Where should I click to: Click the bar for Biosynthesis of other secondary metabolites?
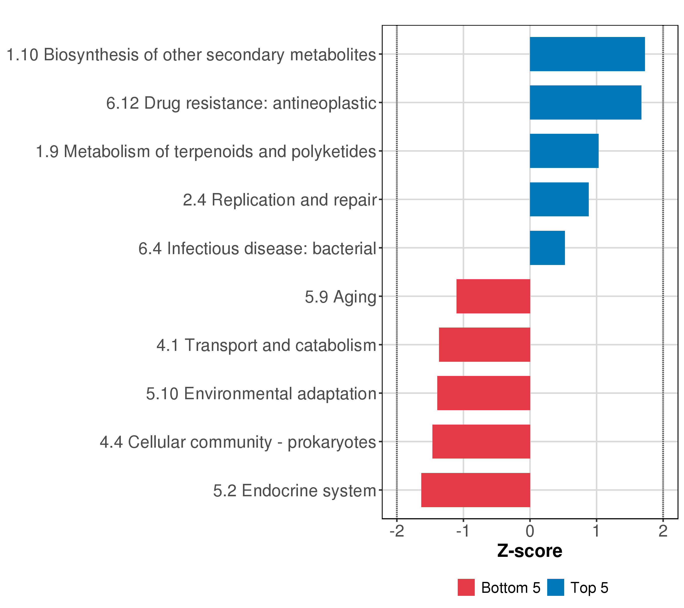point(587,54)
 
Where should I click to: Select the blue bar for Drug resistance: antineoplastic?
point(586,102)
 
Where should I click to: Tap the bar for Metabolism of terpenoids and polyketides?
point(564,151)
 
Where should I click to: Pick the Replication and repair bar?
point(559,199)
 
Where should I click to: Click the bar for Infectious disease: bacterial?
point(547,248)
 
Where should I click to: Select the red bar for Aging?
point(493,296)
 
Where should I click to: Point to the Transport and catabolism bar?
point(485,345)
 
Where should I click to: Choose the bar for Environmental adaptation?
point(484,393)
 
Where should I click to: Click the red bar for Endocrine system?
point(476,490)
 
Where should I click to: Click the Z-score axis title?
point(530,551)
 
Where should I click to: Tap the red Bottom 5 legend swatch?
point(466,587)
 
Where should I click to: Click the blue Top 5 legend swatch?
point(556,587)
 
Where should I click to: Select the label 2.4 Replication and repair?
point(280,200)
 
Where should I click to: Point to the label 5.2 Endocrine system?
point(295,491)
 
